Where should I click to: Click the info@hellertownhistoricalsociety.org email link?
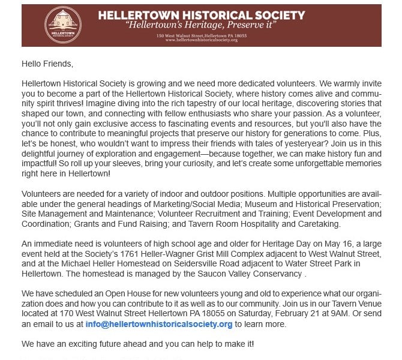158,324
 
